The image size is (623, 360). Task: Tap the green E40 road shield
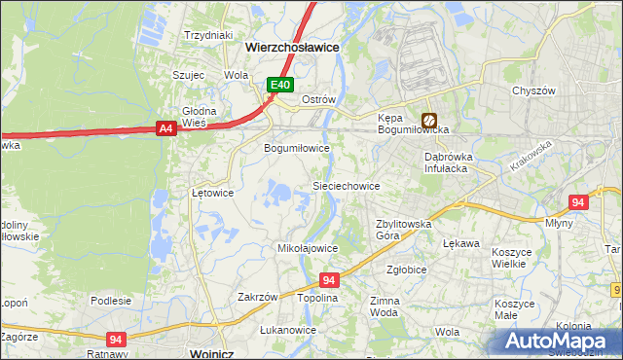coord(280,86)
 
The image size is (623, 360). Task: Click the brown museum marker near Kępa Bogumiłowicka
coord(428,122)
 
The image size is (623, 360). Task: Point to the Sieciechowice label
coord(345,185)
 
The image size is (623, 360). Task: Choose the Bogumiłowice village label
coord(298,149)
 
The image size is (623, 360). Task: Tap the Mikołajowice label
coord(308,248)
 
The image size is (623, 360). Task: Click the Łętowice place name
coord(212,193)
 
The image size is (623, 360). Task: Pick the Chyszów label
coord(532,90)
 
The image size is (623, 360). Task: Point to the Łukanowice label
coord(288,330)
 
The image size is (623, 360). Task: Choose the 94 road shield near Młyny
coord(578,202)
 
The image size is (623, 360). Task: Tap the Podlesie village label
coord(111,301)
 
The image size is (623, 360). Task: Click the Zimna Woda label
coord(385,307)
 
